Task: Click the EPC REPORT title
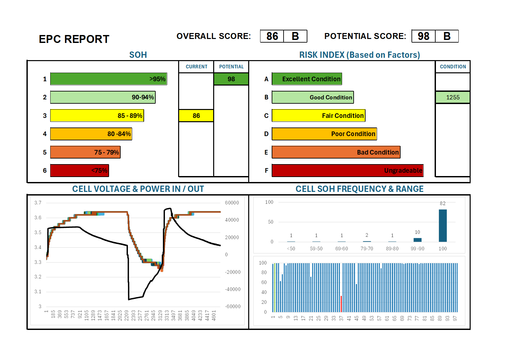(74, 39)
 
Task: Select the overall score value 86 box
(272, 36)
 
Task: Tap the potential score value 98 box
(423, 36)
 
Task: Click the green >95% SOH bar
(108, 79)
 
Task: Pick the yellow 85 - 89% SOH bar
(97, 116)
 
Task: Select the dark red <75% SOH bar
(79, 170)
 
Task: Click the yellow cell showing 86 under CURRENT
(196, 116)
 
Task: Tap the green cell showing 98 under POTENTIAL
(231, 79)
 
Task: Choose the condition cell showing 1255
(452, 97)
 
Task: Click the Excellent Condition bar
(307, 79)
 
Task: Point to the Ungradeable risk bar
(347, 170)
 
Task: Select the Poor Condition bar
(324, 134)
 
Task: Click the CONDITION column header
(452, 67)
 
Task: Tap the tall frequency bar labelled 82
(443, 226)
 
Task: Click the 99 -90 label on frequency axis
(417, 249)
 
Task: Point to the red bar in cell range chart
(341, 304)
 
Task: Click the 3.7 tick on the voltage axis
(38, 203)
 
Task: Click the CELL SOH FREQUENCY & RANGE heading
(359, 189)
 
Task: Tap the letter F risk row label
(266, 171)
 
